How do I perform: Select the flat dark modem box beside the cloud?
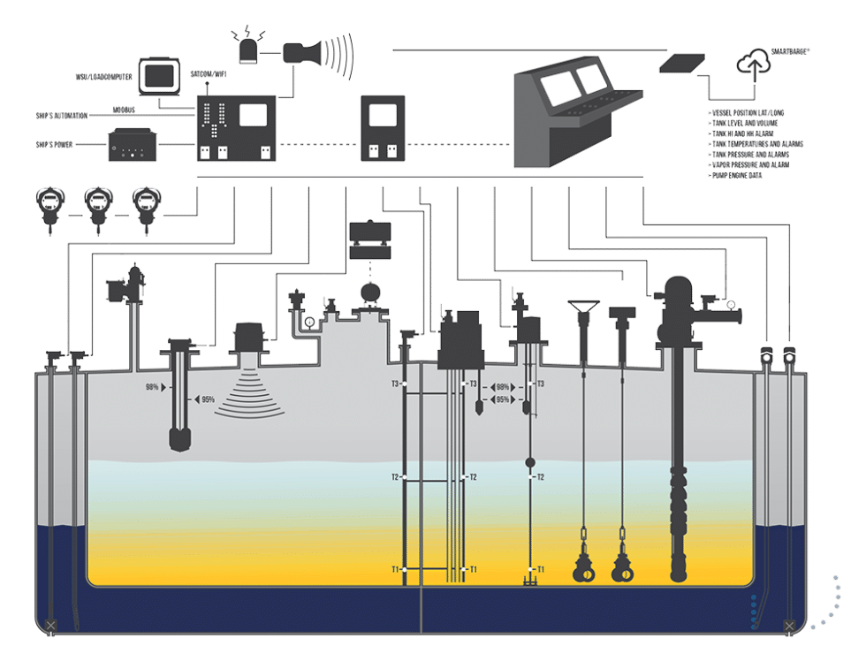pyautogui.click(x=682, y=64)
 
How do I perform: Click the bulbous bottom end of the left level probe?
pyautogui.click(x=181, y=438)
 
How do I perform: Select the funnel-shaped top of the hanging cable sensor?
pyautogui.click(x=583, y=308)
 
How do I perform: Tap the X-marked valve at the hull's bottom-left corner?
pyautogui.click(x=50, y=627)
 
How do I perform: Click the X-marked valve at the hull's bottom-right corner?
pyautogui.click(x=788, y=627)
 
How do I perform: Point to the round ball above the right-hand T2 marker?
pyautogui.click(x=530, y=463)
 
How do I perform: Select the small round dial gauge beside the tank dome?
pyautogui.click(x=309, y=321)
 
